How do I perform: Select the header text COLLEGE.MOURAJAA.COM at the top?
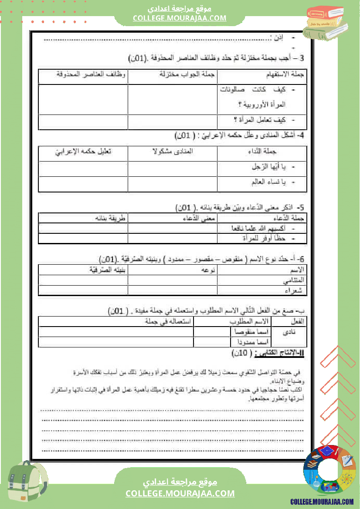180,18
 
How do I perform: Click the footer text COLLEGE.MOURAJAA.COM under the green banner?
180,493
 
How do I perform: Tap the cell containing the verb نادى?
289,332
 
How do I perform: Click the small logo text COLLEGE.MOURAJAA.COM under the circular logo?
322,502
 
